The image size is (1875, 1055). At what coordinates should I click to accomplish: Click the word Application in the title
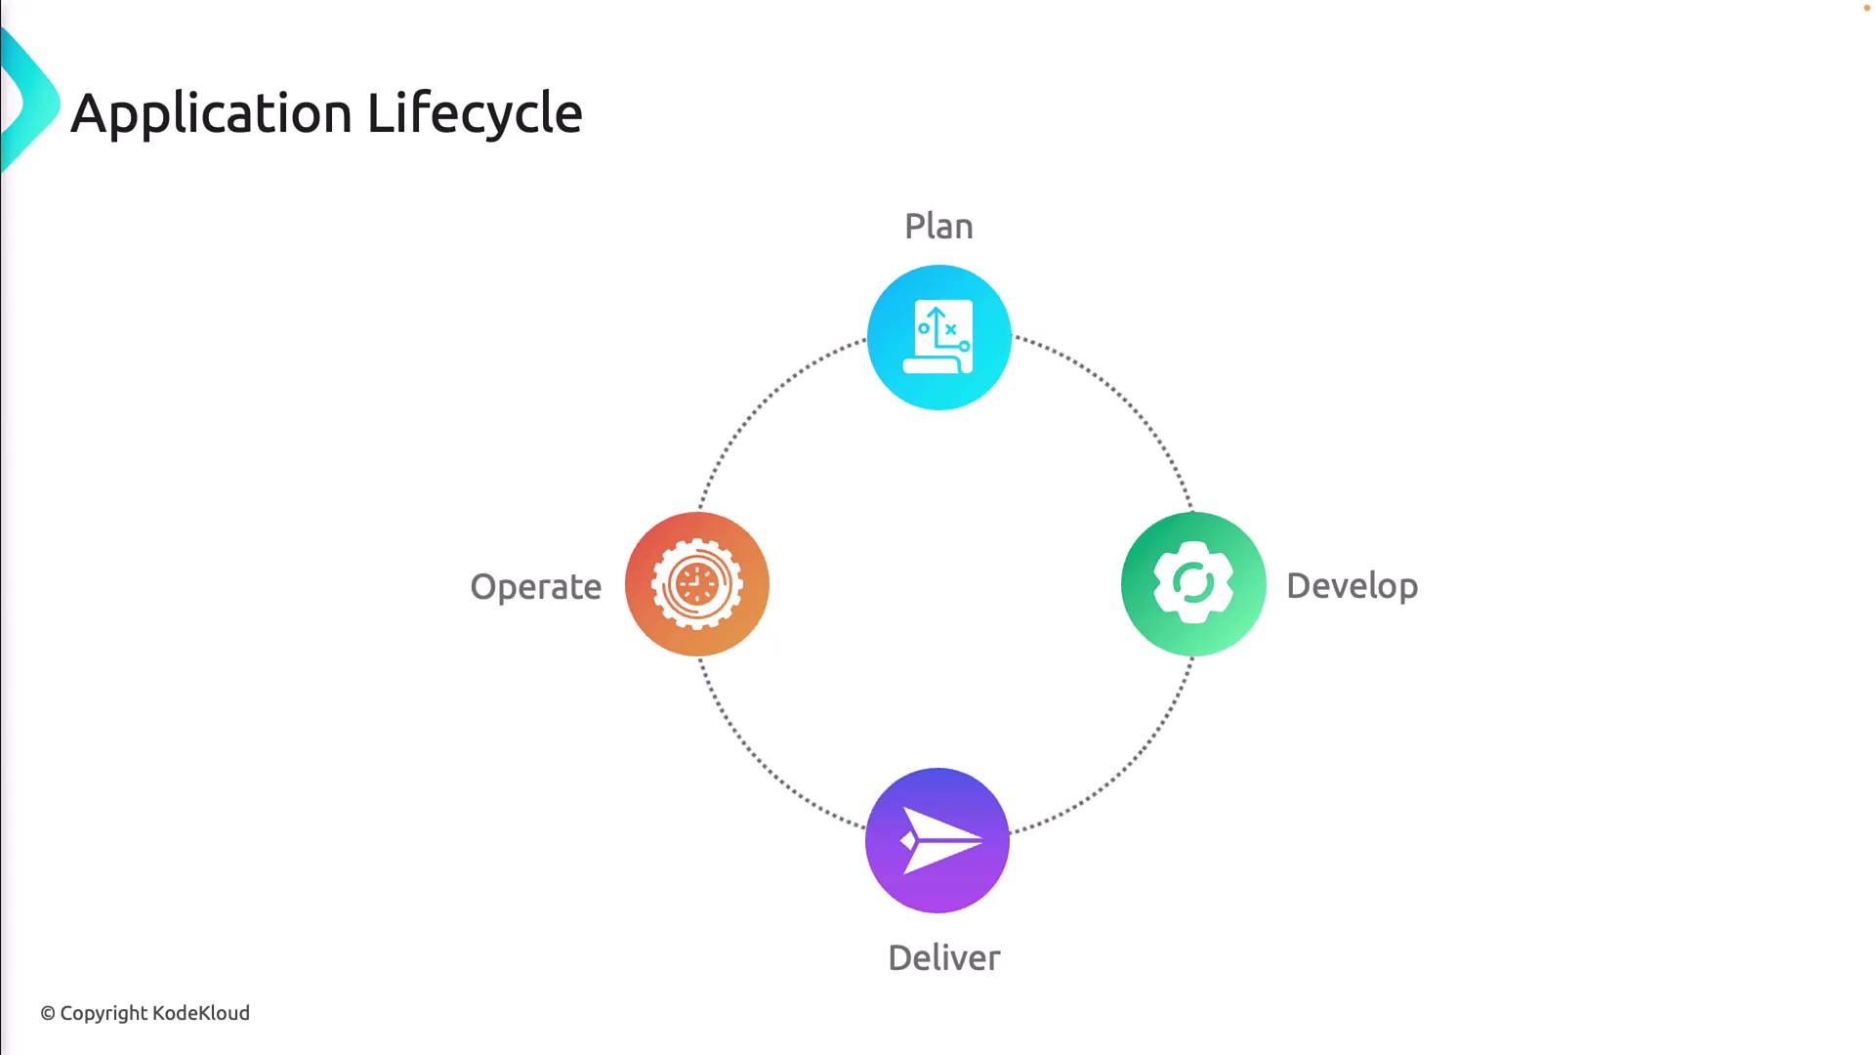pos(212,114)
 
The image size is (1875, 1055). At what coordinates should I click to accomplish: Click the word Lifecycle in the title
pos(475,114)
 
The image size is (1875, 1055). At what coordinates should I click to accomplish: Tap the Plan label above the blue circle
pos(938,227)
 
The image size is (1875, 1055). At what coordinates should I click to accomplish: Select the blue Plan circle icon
pos(938,337)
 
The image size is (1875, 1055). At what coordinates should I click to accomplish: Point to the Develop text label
pos(1352,586)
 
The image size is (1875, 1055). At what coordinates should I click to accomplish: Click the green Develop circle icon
pos(1193,584)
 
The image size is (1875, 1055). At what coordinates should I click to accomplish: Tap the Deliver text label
pos(943,957)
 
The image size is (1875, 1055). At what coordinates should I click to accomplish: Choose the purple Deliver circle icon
pos(937,840)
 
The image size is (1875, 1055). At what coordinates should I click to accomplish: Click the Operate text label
pos(535,587)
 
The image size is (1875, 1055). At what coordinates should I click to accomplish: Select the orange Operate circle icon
pos(697,584)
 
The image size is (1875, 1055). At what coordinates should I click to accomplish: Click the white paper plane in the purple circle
pos(940,840)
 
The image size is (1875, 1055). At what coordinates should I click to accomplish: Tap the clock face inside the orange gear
pos(696,584)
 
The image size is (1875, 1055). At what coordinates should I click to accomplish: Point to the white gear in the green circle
pos(1193,583)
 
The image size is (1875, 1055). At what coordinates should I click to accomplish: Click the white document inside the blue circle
pos(937,337)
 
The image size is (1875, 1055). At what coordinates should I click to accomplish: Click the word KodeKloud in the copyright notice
pos(201,1013)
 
